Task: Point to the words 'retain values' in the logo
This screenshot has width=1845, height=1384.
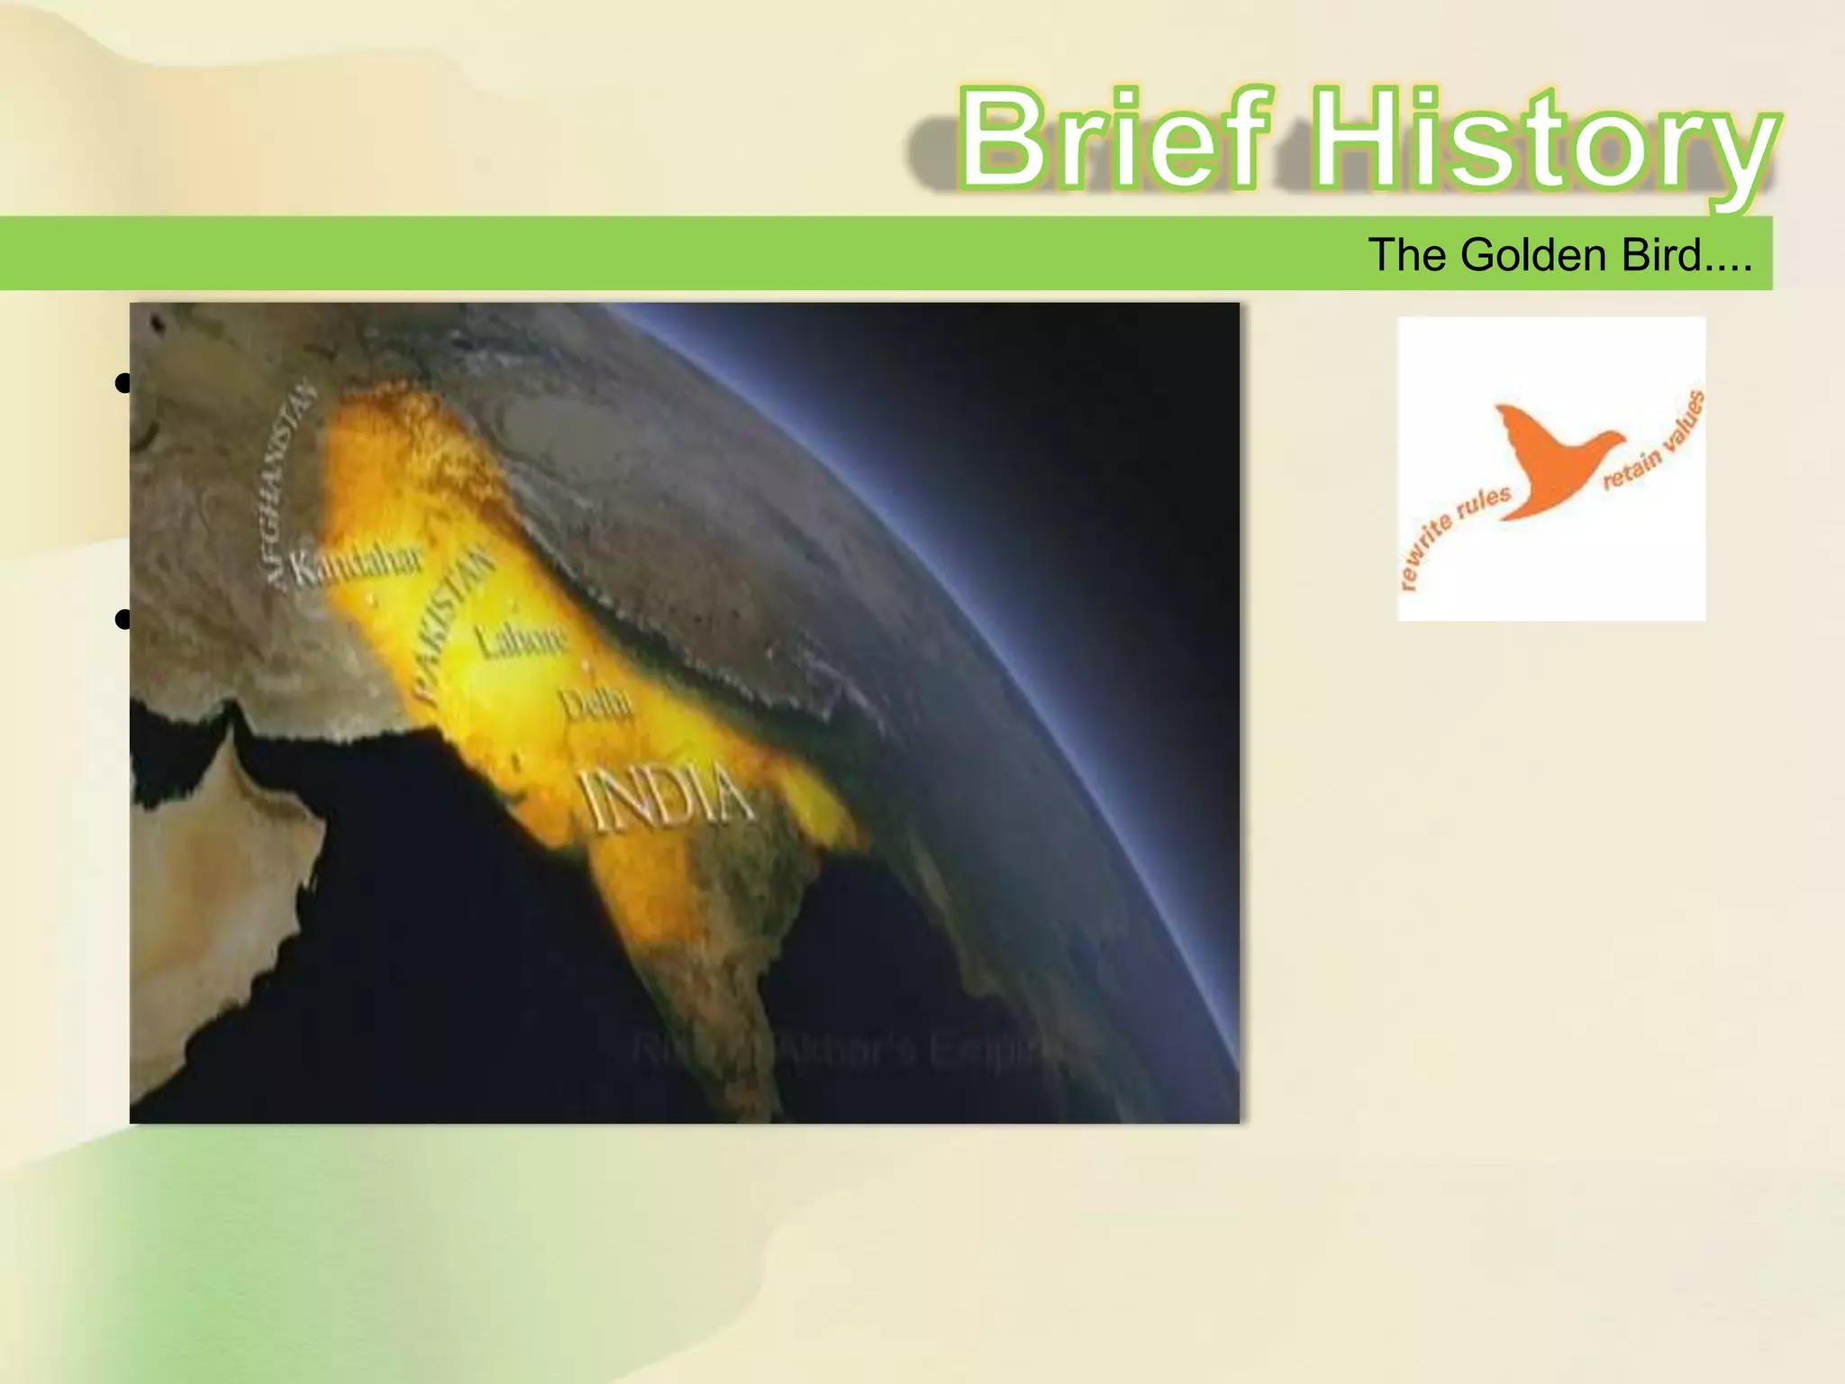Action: (1656, 442)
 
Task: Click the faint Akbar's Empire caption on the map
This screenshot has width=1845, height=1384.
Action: (847, 1051)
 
